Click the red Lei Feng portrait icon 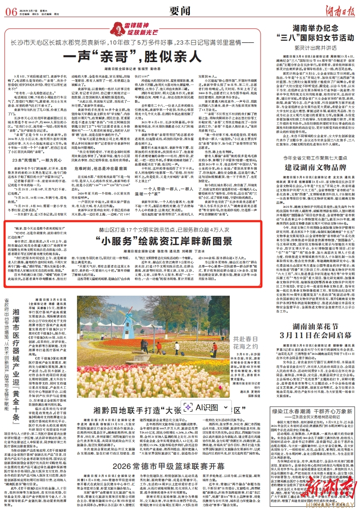coord(114,29)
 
